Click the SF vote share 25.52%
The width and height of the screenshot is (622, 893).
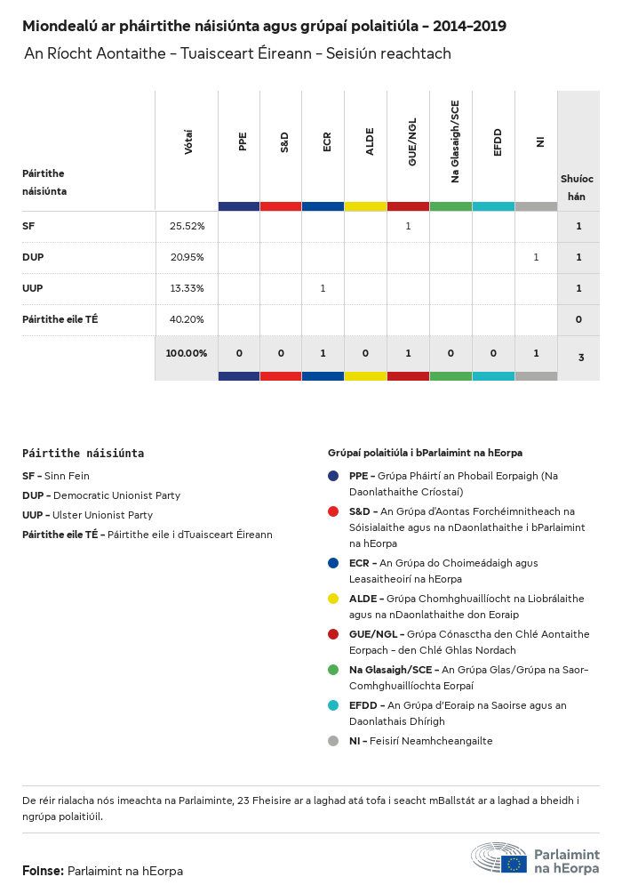[x=187, y=227]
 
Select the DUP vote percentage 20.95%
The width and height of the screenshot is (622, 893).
[x=187, y=257]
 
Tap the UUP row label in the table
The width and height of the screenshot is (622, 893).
[x=33, y=288]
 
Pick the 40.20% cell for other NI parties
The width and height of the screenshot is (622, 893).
[x=187, y=319]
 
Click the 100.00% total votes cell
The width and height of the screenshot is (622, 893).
[x=186, y=353]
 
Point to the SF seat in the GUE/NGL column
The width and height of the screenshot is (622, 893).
[x=408, y=227]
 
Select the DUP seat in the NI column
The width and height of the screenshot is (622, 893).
[x=536, y=257]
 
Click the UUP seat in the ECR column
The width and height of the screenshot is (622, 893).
[x=323, y=288]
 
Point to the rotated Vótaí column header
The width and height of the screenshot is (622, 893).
[x=188, y=142]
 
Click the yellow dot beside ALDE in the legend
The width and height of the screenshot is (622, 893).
[x=333, y=599]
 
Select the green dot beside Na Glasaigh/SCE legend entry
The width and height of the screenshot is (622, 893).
[x=333, y=670]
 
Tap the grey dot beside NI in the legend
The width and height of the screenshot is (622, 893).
[x=333, y=741]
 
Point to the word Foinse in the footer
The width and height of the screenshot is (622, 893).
[x=42, y=871]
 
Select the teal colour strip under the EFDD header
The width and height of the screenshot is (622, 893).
[x=493, y=206]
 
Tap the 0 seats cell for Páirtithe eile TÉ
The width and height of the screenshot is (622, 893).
[x=578, y=319]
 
